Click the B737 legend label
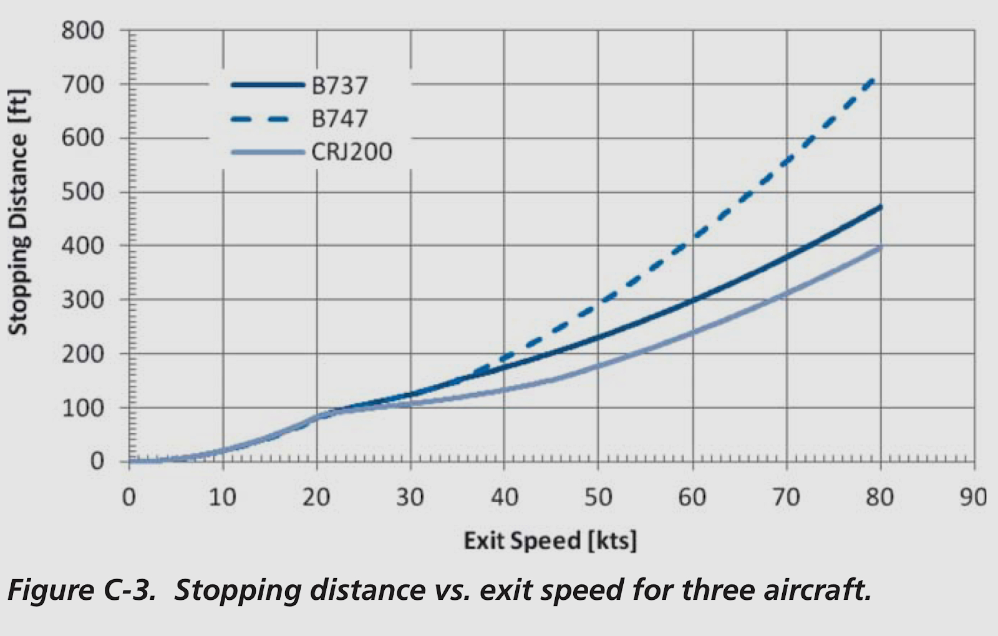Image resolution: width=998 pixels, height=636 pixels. (x=339, y=85)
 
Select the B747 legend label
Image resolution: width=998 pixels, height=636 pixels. (x=339, y=118)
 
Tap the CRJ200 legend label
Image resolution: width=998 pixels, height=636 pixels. (x=352, y=152)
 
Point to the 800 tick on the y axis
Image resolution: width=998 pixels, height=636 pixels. (x=82, y=30)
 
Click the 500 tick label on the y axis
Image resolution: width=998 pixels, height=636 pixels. (x=82, y=192)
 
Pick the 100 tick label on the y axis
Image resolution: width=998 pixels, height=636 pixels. (x=82, y=408)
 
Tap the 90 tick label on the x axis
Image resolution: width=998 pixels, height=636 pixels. (x=973, y=497)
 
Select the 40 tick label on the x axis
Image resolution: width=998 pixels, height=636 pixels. (x=504, y=497)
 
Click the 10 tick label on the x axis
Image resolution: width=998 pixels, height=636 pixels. (x=223, y=497)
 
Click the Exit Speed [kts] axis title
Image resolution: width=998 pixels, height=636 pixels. (x=550, y=541)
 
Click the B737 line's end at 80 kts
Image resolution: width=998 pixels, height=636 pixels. (x=880, y=207)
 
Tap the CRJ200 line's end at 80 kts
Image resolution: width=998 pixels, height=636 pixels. (x=880, y=247)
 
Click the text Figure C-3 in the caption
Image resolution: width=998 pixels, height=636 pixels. (x=81, y=590)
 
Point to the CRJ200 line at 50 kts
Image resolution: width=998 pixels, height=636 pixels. (x=598, y=365)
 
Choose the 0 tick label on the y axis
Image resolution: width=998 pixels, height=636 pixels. (x=97, y=461)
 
